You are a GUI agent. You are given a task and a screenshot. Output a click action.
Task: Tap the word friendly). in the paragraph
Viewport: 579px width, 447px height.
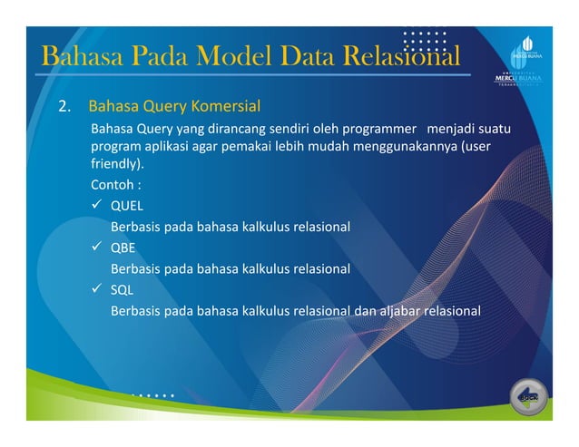(x=117, y=166)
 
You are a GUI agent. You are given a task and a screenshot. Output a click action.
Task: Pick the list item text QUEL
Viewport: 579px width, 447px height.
(x=127, y=205)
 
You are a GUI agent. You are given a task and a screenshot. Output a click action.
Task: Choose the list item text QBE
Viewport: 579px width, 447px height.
(x=123, y=248)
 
